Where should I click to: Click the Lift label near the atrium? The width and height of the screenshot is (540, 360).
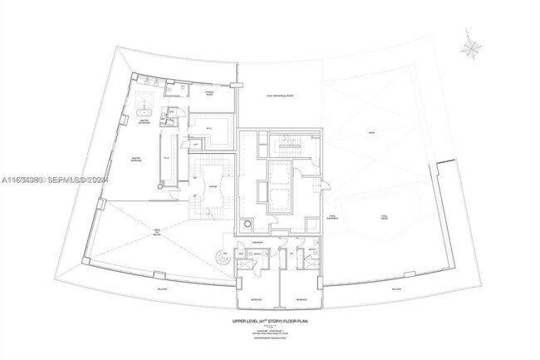pyautogui.click(x=196, y=145)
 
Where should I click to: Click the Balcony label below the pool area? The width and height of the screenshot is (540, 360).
pyautogui.click(x=397, y=289)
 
